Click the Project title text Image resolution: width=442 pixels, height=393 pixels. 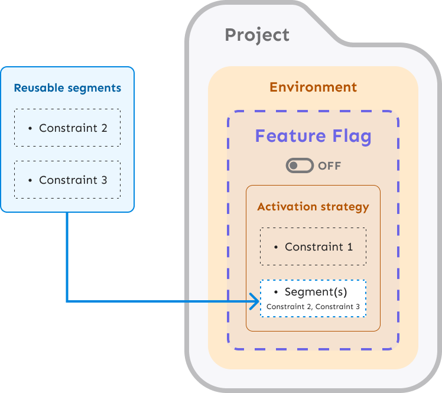[257, 35]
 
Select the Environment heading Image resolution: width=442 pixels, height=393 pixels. [313, 87]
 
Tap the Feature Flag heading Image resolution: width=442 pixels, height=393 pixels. [313, 137]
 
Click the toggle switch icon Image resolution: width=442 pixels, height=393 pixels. [300, 165]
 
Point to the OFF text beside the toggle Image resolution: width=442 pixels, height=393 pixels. [329, 166]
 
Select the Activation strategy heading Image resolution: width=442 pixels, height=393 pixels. [313, 207]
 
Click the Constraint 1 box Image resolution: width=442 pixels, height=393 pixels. [313, 246]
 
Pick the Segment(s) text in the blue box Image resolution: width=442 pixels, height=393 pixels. [316, 292]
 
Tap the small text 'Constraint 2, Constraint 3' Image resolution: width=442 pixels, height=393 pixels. [313, 307]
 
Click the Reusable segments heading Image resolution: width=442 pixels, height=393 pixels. [67, 88]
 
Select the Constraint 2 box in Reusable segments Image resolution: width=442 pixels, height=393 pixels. [67, 128]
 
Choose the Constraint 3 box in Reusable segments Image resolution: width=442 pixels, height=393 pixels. [67, 180]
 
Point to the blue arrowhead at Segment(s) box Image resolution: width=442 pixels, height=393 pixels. [255, 302]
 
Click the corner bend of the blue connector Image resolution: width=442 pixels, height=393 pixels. [67, 301]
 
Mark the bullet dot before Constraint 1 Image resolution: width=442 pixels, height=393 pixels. [276, 247]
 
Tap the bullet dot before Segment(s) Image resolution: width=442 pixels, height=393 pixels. [276, 293]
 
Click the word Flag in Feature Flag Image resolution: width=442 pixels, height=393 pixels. [350, 137]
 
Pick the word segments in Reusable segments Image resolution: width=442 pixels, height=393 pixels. [93, 88]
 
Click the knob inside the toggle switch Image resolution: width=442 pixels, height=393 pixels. [293, 165]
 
